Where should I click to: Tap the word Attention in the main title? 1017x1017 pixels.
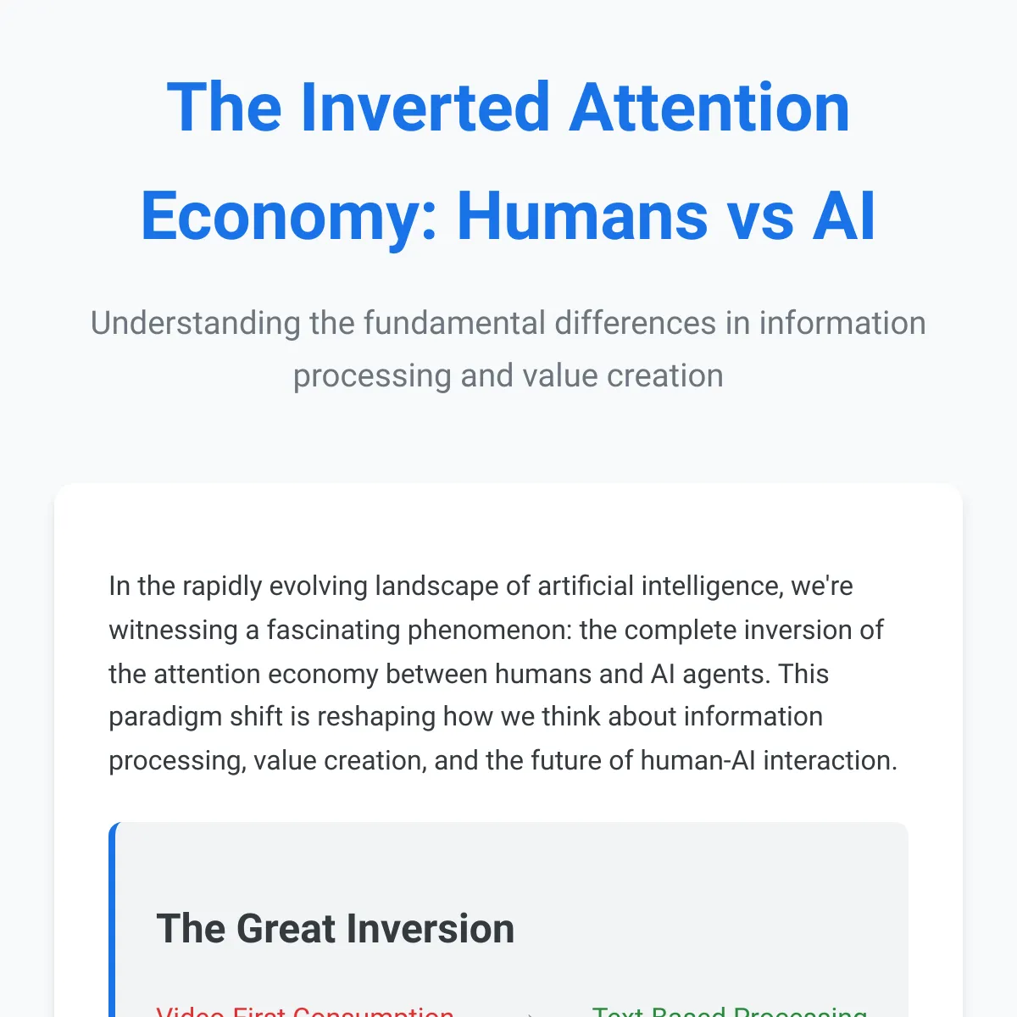[709, 108]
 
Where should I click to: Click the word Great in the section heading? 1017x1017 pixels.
[284, 929]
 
